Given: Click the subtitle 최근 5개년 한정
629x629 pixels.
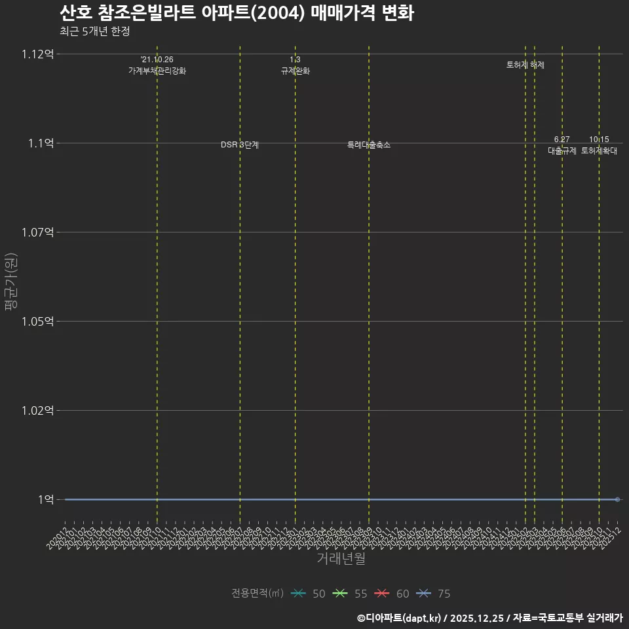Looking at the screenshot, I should coord(98,31).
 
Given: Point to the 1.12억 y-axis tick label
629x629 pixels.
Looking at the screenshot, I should coord(39,54).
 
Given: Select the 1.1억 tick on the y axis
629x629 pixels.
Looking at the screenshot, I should coord(41,143).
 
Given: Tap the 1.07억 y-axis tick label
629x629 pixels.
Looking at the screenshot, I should coord(39,232).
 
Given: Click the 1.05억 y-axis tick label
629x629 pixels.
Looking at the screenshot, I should coord(39,321).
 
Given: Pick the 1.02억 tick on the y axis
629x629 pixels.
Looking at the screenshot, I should coord(39,410).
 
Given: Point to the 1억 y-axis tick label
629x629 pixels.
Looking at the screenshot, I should coord(46,499).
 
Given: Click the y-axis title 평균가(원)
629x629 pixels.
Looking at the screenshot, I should coord(11,283).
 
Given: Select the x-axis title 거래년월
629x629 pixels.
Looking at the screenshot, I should coord(341,558).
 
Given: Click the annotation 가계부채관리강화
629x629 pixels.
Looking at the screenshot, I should coord(157,71).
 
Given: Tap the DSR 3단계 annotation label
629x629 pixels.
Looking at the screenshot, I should coord(240,145).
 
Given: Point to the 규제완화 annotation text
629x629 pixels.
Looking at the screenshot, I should coord(295,71).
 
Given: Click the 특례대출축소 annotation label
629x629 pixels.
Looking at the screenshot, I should coord(369,145).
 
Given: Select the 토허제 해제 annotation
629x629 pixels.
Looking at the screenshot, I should coord(525,65).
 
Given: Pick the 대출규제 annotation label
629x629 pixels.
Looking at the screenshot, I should coord(562,151).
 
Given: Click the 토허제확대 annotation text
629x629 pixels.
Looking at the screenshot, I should coord(599,151).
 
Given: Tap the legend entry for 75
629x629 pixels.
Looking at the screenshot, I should coord(434,594).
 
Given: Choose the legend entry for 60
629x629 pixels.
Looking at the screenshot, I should coord(392,594).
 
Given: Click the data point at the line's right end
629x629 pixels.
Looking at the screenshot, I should coord(617,499).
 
